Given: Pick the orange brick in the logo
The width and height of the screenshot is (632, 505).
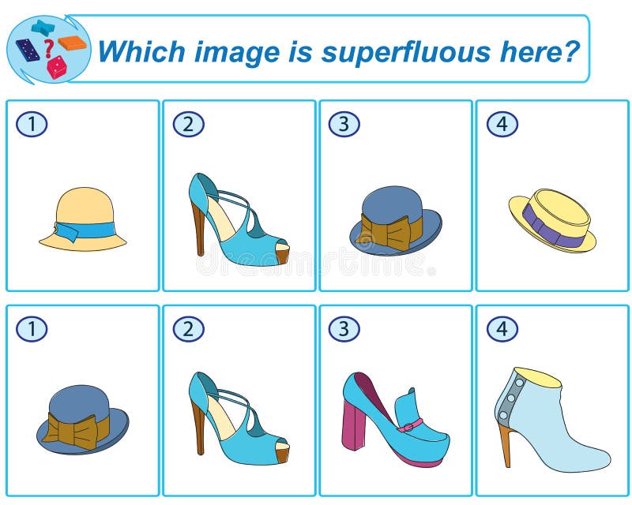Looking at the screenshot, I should pyautogui.click(x=73, y=43).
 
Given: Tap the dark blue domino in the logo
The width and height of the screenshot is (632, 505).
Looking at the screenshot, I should pyautogui.click(x=28, y=50).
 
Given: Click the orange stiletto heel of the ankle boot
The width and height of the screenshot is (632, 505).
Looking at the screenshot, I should pyautogui.click(x=506, y=445).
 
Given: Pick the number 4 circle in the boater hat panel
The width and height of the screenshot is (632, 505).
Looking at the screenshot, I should pyautogui.click(x=502, y=124).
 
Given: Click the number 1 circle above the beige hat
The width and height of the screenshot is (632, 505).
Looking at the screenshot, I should pyautogui.click(x=32, y=124).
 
